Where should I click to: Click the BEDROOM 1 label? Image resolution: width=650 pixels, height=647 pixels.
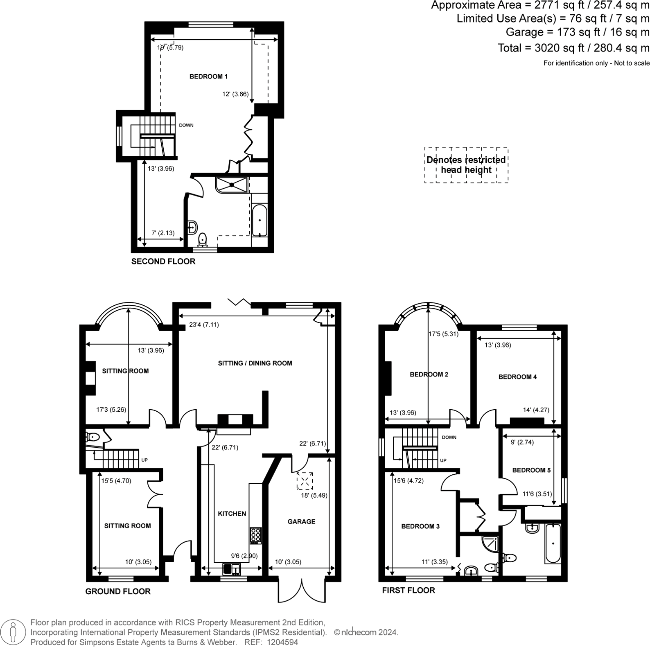point(208,77)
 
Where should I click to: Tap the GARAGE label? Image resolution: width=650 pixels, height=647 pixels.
point(301,521)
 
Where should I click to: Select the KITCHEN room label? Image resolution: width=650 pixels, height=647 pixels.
point(232,514)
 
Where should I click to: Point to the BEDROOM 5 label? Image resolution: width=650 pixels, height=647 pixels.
point(531,470)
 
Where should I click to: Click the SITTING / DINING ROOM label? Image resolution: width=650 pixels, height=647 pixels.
point(255,363)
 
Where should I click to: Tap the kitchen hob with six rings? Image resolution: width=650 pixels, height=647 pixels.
point(256,536)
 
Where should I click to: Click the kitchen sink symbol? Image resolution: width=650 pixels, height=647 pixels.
point(231,569)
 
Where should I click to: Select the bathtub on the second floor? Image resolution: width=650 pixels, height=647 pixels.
point(260,221)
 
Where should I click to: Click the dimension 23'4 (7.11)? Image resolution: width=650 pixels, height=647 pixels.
point(204,325)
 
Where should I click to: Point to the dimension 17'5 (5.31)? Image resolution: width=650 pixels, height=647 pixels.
point(443,334)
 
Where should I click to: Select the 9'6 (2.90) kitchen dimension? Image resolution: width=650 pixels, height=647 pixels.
point(244,556)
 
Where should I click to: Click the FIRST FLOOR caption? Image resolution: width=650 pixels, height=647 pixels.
point(409,590)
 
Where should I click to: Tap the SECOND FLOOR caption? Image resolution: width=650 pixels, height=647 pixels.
point(163,262)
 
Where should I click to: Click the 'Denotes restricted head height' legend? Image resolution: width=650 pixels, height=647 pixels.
point(466,165)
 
